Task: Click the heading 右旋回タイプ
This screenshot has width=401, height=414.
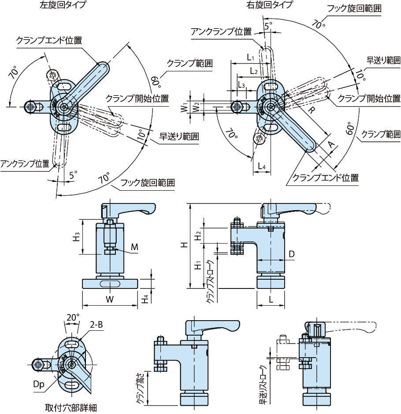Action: point(269,6)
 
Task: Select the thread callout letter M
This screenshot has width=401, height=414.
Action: point(135,248)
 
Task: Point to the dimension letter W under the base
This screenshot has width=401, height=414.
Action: point(110,299)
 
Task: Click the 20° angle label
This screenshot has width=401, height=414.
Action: point(73,317)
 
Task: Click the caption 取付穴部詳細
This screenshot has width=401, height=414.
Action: point(71,407)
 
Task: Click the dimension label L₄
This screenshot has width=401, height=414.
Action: point(261,166)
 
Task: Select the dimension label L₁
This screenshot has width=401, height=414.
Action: point(250,57)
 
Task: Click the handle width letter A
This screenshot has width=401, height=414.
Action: point(330,143)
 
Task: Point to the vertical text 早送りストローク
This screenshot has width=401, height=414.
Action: point(263,385)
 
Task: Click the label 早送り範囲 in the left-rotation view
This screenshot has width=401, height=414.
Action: point(179,137)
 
